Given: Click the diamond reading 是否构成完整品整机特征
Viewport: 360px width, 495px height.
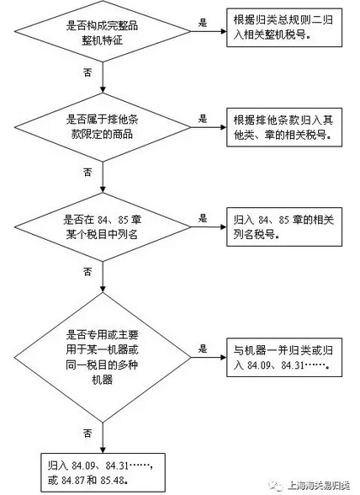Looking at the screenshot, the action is [x=103, y=31].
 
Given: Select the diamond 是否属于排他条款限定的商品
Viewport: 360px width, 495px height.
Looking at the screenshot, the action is [x=103, y=127].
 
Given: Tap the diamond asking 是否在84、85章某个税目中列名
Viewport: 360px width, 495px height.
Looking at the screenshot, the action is [x=103, y=226].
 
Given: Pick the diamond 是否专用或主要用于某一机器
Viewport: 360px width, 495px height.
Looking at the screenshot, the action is [x=103, y=357].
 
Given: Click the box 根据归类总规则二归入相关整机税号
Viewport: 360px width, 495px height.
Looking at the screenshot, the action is [x=284, y=28].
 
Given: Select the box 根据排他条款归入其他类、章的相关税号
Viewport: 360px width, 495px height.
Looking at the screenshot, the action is [x=284, y=127].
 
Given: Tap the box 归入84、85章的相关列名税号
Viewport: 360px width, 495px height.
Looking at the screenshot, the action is [x=284, y=226].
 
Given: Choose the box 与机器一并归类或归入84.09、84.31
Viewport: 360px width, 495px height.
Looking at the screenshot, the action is [x=284, y=357].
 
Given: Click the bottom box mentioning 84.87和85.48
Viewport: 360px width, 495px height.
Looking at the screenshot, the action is [x=103, y=472].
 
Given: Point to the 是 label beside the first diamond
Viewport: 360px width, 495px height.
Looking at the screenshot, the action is [x=203, y=23].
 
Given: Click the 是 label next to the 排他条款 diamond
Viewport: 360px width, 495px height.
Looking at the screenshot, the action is [x=203, y=119].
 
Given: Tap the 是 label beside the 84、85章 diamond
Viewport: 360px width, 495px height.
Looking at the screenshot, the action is [x=203, y=218].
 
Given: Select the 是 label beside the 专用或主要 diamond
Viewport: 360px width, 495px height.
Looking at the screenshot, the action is [x=203, y=349].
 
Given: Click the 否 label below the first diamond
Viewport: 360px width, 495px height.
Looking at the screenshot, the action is [x=87, y=72].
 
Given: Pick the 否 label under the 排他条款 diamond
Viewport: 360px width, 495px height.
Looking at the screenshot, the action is [x=87, y=172].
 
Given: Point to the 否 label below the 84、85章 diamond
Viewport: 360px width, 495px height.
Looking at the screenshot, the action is [x=87, y=271].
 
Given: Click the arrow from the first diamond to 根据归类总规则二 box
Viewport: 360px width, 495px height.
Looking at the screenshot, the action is [x=209, y=31].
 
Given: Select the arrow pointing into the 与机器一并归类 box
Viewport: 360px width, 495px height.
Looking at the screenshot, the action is [x=209, y=357].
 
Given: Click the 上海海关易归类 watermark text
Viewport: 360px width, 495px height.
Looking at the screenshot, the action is [x=319, y=485].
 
